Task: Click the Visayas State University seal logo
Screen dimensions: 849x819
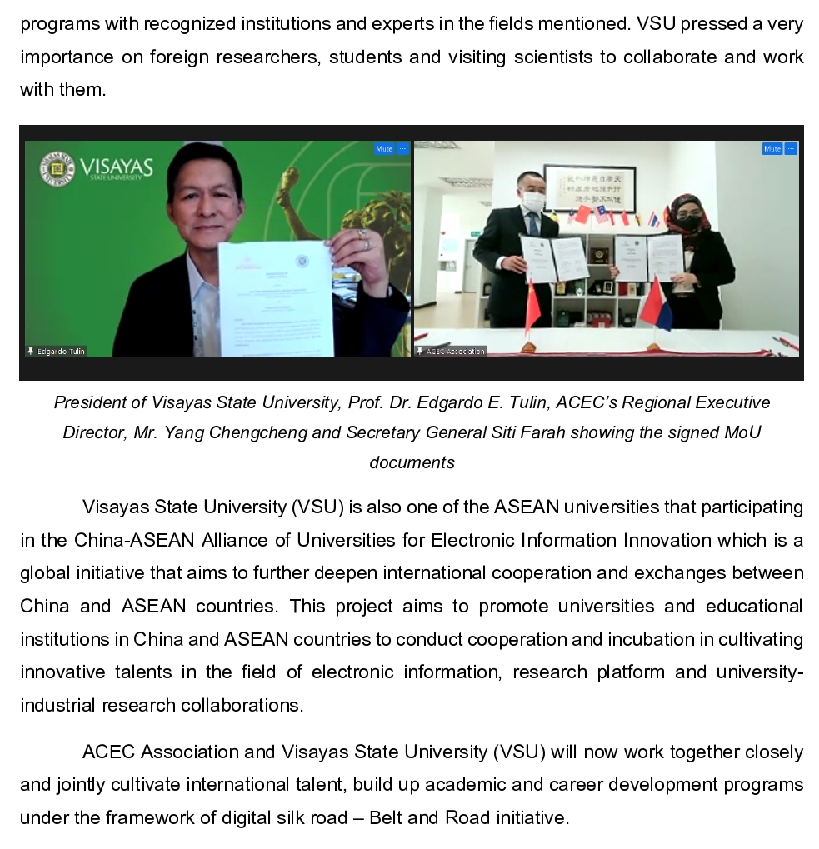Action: click(57, 169)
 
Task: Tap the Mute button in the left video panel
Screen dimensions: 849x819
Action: click(384, 149)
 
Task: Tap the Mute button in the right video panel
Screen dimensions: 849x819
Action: click(772, 149)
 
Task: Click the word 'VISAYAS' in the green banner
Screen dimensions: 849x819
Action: click(117, 167)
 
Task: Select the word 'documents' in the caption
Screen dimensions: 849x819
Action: click(412, 462)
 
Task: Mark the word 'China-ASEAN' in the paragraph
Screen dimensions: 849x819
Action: click(135, 540)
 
